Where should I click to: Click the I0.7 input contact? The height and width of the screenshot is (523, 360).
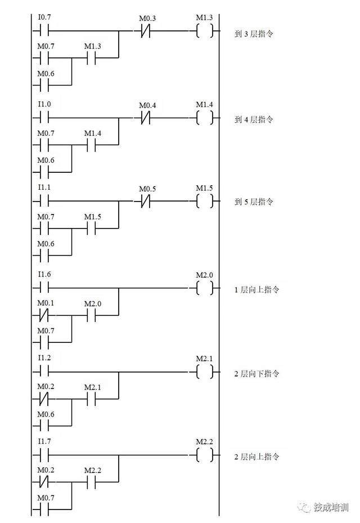point(44,30)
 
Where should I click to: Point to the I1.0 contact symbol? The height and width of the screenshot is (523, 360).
point(44,118)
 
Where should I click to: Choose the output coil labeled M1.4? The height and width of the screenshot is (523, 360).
point(205,118)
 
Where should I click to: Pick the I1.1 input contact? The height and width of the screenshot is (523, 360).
point(44,201)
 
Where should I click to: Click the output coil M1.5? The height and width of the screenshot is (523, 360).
point(205,201)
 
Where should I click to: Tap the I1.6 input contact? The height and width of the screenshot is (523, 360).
point(44,288)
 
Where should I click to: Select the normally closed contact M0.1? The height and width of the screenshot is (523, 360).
point(44,317)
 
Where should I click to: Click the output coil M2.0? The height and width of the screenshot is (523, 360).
point(205,288)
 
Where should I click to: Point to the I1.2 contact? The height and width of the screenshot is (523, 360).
point(44,372)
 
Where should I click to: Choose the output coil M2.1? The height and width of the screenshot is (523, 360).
point(205,372)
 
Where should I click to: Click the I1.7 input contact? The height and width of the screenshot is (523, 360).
point(44,455)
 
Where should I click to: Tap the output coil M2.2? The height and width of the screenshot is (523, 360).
point(205,455)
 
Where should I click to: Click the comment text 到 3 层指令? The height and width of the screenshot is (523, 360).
point(254,34)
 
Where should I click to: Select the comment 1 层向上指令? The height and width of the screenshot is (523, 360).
point(256,290)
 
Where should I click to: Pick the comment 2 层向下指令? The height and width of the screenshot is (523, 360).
point(256,374)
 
